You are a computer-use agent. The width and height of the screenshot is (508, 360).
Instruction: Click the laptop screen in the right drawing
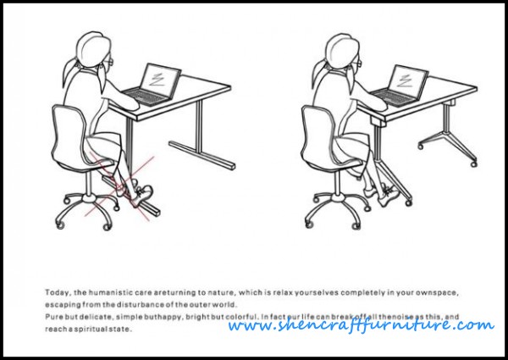click(408, 81)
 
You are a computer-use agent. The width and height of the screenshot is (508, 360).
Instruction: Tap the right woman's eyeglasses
click(357, 62)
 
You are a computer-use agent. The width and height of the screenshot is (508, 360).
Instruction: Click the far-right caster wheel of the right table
click(473, 164)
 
